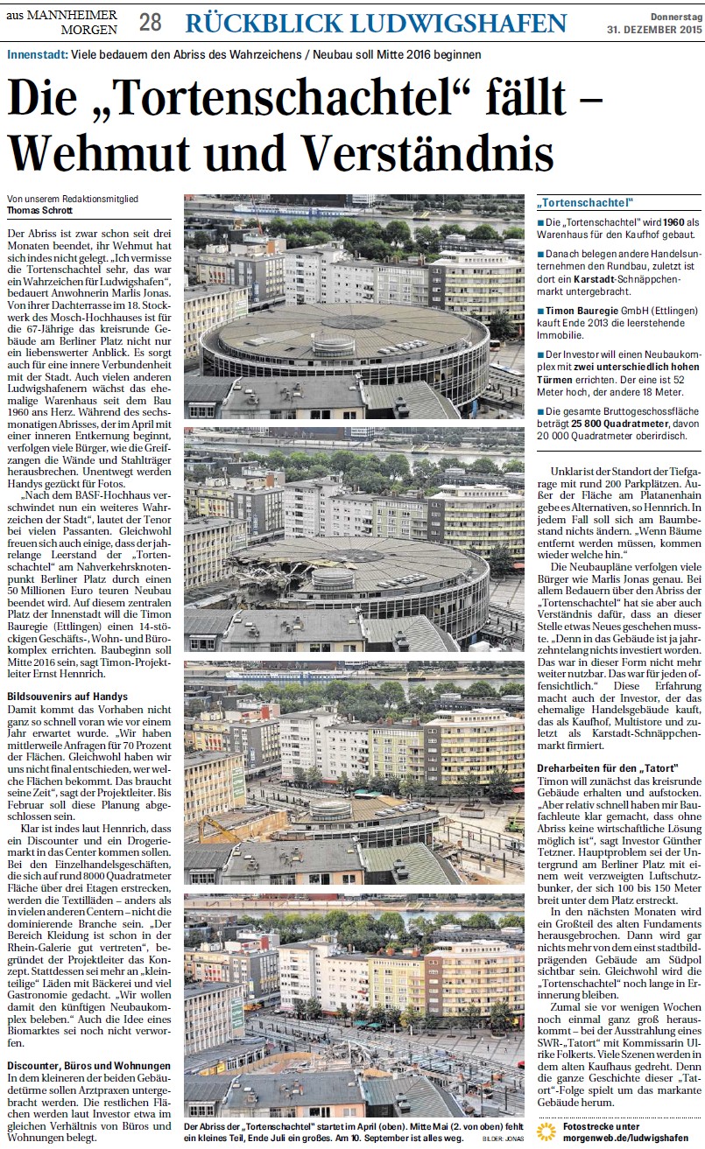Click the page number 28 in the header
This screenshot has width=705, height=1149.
click(x=150, y=23)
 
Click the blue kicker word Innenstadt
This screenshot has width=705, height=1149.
click(x=36, y=54)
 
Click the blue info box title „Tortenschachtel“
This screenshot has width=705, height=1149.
click(x=586, y=203)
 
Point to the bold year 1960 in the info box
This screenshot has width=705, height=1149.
click(x=670, y=223)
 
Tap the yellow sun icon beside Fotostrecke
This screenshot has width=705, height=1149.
click(x=546, y=1131)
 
